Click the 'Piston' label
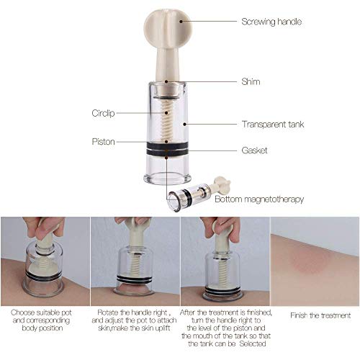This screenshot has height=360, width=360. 102,141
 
